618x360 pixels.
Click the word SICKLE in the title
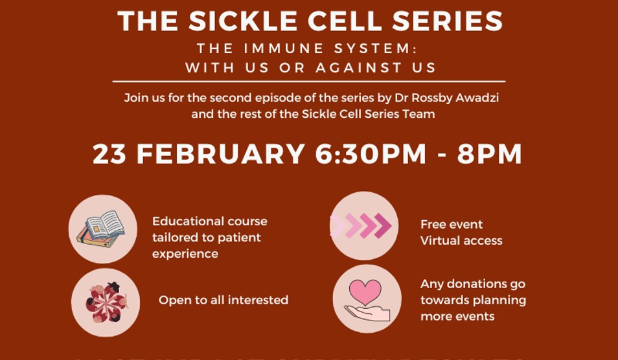point(244,21)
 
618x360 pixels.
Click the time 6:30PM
point(371,155)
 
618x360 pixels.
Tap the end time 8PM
point(489,155)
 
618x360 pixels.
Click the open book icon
point(102,228)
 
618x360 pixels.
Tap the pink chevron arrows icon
point(361,226)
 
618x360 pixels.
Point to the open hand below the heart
point(367,313)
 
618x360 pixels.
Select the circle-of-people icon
point(105,302)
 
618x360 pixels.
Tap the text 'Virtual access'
point(461,240)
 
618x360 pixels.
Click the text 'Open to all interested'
point(223,300)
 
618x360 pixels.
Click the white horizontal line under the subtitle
point(308,82)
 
